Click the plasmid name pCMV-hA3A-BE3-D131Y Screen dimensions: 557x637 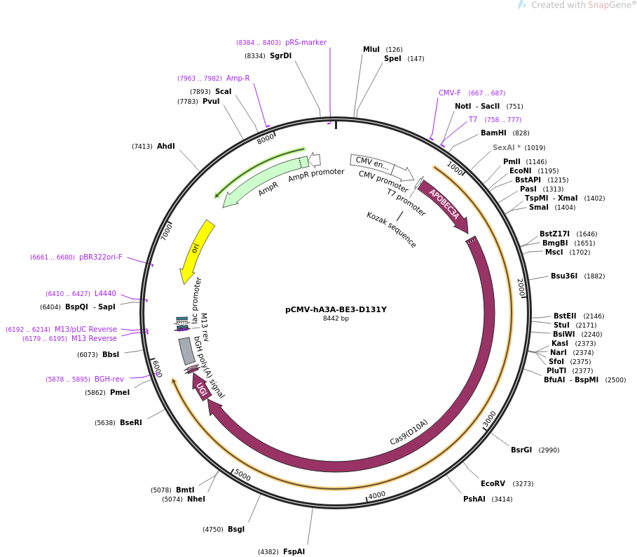point(336,309)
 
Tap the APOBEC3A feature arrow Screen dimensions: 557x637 point(444,205)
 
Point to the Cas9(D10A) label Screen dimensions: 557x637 point(409,432)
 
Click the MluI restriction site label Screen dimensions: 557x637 point(371,50)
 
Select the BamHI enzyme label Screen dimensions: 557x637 point(493,133)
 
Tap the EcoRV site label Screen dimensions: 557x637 point(493,483)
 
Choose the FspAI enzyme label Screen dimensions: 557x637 point(294,551)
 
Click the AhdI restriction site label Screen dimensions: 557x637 point(166,147)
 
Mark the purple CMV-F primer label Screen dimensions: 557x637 point(450,93)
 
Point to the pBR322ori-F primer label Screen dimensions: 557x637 point(100,257)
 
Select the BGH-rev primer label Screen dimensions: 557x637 point(109,380)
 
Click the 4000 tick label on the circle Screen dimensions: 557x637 point(377,495)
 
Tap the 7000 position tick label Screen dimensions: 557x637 point(167,231)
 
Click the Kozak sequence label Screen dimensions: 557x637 point(391,229)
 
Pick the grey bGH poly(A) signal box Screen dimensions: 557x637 point(186,351)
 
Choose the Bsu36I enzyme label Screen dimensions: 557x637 point(563,276)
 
